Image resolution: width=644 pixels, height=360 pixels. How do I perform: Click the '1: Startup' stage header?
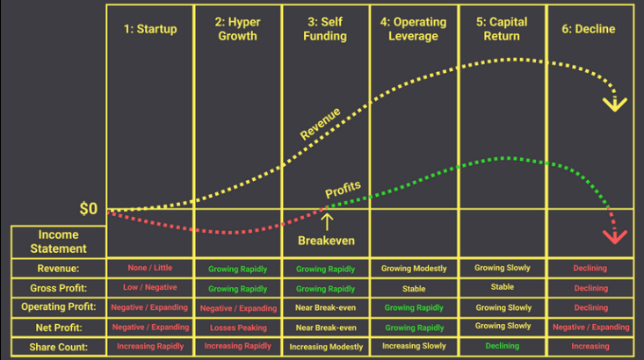click(150, 29)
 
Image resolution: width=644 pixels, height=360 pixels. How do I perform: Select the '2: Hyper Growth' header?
click(237, 29)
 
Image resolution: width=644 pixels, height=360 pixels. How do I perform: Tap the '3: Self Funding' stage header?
click(326, 29)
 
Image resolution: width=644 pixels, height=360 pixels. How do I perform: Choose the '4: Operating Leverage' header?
click(414, 29)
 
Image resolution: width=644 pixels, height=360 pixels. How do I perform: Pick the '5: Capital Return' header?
click(502, 29)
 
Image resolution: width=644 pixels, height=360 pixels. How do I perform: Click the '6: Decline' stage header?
click(590, 29)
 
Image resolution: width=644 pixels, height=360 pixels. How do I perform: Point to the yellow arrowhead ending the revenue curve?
click(614, 103)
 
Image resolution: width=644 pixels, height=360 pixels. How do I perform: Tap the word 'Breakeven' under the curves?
click(326, 241)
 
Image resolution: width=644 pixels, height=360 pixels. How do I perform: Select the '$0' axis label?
click(89, 209)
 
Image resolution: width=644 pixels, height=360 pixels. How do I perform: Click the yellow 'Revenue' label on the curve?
click(321, 124)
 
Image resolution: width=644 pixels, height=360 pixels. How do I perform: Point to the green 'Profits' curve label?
click(343, 189)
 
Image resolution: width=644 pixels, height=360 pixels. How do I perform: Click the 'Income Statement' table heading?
click(58, 241)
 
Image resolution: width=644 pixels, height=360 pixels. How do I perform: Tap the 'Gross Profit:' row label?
click(58, 288)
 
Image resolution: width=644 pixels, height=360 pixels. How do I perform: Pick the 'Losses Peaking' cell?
click(237, 327)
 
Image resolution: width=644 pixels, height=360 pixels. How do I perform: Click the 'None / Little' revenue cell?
click(150, 268)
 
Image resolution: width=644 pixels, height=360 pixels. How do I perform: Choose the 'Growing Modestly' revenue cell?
click(414, 268)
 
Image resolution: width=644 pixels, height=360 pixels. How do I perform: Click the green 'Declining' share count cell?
click(502, 347)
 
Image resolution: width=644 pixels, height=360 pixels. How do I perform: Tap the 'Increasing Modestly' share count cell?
click(326, 347)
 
